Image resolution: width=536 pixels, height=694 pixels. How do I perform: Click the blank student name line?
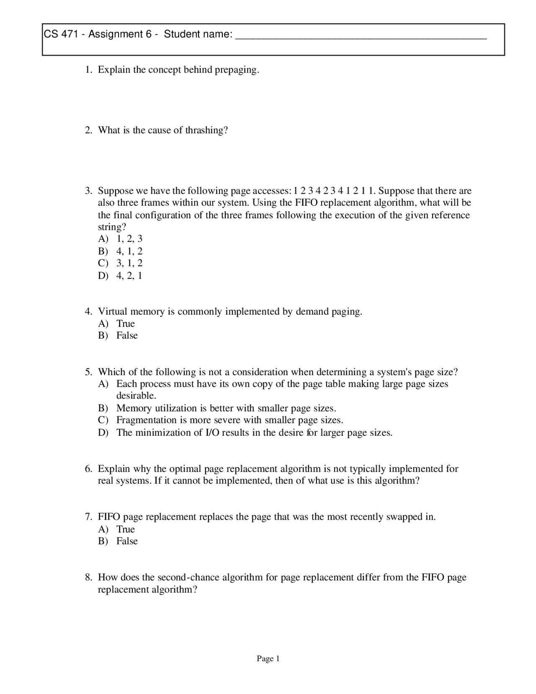tap(361, 37)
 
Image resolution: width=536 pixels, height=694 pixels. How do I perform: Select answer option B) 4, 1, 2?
tap(121, 251)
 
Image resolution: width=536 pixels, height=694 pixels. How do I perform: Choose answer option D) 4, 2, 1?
tap(121, 275)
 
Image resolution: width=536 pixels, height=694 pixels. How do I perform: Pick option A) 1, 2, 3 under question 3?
tap(121, 239)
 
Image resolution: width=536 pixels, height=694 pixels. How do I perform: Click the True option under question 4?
tap(125, 324)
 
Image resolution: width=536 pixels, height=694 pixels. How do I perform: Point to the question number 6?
tap(88, 469)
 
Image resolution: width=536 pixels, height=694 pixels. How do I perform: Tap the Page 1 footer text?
tap(268, 659)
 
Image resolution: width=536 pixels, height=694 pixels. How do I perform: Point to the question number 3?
tap(88, 191)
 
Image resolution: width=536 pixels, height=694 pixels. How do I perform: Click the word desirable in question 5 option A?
tap(136, 396)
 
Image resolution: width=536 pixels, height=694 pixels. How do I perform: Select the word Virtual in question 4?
tap(112, 311)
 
